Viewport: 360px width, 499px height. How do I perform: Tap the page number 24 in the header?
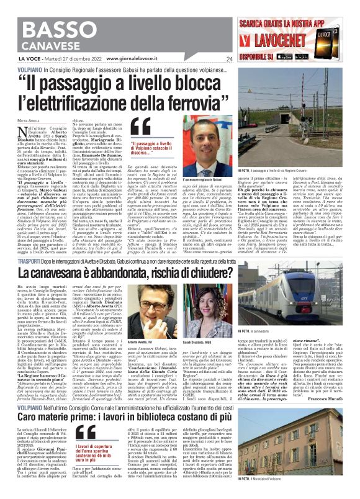tap(229, 59)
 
